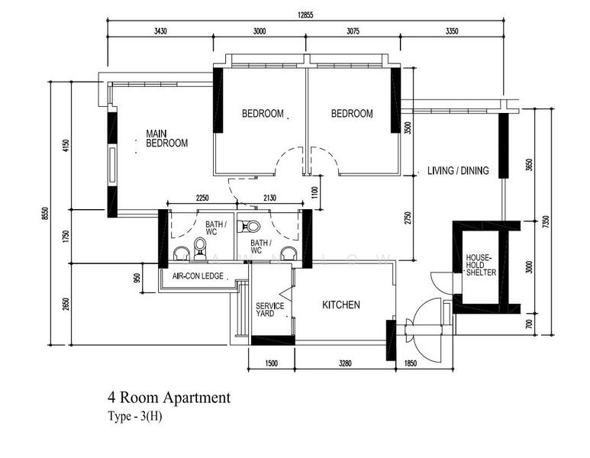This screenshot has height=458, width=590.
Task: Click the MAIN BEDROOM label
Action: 166,138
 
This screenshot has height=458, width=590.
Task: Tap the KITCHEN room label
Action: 341,305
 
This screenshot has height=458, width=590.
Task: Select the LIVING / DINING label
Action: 458,170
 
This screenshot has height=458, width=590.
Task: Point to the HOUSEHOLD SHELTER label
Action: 481,265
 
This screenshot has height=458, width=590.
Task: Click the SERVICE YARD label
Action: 269,310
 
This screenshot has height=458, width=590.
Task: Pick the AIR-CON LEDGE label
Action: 198,276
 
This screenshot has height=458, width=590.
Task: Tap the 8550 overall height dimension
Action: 46,214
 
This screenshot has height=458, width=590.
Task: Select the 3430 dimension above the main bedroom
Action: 160,31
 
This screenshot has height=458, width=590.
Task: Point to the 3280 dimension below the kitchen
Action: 345,363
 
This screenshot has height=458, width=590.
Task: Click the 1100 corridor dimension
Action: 315,192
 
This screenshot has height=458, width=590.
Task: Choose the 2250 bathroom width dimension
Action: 202,198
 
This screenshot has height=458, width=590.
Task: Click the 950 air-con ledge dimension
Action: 137,278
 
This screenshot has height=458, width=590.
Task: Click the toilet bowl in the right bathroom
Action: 249,227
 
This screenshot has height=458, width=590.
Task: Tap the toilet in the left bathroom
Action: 200,248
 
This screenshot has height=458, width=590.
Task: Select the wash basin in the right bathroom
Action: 289,253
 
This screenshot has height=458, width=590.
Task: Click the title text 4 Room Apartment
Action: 169,398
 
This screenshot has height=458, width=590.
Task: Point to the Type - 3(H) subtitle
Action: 135,416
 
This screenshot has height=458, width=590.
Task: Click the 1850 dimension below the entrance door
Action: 410,363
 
